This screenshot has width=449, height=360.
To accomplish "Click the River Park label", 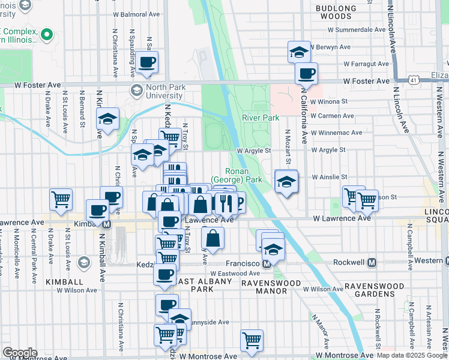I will click(261, 118).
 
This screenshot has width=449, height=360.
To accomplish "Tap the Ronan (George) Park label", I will click(244, 175).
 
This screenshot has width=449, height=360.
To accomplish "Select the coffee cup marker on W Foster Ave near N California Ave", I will click(307, 74).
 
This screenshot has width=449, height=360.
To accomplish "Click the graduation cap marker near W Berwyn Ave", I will click(299, 52).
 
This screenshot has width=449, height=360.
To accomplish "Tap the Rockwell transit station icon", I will click(372, 263).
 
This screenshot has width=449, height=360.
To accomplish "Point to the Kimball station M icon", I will click(107, 224).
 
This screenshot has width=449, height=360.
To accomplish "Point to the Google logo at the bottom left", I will click(19, 352).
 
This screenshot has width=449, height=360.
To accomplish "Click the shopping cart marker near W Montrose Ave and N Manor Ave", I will click(252, 340).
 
